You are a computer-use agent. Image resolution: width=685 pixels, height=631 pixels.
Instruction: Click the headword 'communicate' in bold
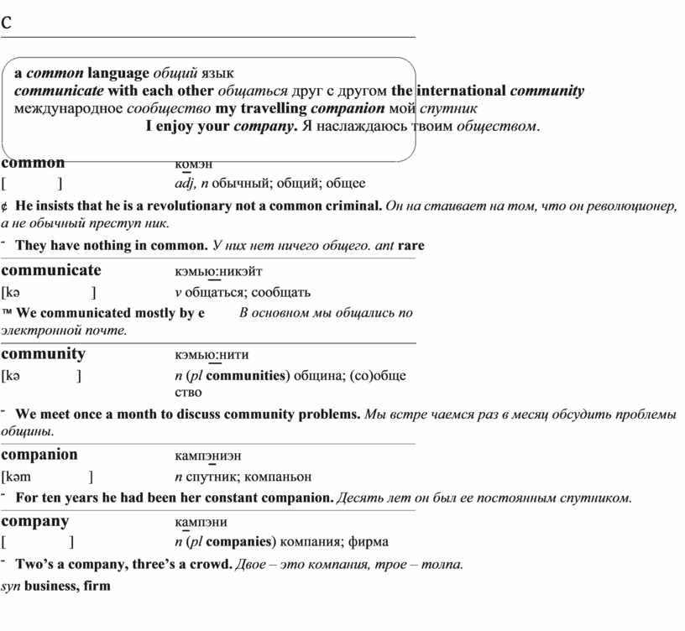tap(51, 270)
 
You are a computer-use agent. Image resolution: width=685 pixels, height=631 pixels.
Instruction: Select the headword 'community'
tap(44, 353)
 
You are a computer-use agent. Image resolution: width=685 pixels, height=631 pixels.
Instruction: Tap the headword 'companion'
tap(39, 455)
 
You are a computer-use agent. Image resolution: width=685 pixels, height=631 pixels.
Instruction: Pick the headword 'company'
tap(35, 520)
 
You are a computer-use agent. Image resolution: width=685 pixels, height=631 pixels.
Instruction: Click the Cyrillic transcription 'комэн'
tap(195, 164)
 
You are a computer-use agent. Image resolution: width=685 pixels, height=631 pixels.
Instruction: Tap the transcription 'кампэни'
tap(201, 521)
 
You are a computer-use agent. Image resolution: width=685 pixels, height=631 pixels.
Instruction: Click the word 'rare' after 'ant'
tap(411, 246)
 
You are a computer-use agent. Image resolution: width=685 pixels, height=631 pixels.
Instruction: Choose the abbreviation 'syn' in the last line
tap(10, 585)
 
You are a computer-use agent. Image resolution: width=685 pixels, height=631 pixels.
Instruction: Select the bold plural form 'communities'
tap(245, 375)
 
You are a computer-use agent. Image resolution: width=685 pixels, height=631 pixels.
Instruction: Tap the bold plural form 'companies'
tap(240, 541)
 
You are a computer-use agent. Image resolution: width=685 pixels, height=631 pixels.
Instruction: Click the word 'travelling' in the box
tap(274, 109)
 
